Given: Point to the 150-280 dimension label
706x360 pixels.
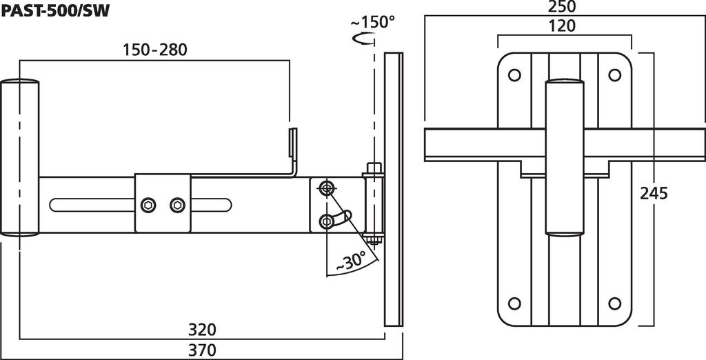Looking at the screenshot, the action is [x=155, y=50].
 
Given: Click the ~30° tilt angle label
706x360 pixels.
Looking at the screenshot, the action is [x=350, y=261].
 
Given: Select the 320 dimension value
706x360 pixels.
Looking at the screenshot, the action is [x=202, y=330].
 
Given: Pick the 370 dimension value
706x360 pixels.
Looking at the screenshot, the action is [x=202, y=350].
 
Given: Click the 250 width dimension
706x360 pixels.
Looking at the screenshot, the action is [x=562, y=7].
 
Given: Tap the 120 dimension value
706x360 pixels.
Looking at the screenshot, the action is [x=562, y=26].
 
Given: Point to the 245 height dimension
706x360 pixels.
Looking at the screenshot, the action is [x=654, y=193].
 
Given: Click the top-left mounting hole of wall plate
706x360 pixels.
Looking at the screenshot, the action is [x=514, y=74].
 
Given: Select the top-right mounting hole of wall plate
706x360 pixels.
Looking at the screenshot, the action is [x=614, y=74].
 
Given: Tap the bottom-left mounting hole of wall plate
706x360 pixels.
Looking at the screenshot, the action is [x=514, y=303].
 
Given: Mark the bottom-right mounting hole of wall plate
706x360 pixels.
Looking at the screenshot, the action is [x=614, y=303].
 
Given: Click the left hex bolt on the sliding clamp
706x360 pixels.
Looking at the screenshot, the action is [x=148, y=205].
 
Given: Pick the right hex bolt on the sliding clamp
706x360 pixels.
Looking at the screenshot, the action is [x=177, y=205].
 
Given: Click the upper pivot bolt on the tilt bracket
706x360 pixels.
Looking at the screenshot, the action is [x=325, y=188].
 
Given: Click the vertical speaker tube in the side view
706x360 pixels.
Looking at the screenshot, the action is [x=19, y=158].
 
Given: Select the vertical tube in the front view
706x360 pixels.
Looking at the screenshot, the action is [x=565, y=157].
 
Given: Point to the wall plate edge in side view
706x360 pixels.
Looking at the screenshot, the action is [x=394, y=189].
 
